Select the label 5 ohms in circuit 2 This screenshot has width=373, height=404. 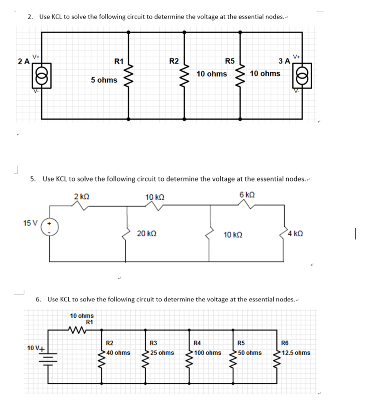click(104, 80)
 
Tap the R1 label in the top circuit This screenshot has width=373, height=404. click(119, 62)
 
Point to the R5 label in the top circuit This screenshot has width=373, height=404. click(229, 62)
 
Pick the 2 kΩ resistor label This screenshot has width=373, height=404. click(82, 196)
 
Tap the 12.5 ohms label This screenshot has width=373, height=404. click(296, 352)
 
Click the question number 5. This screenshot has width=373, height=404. click(33, 179)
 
